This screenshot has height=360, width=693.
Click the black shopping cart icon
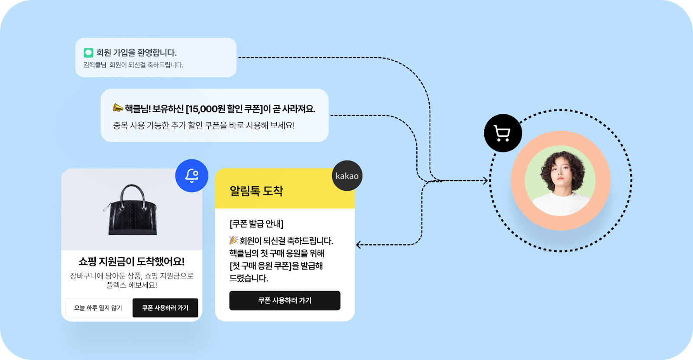point(502,133)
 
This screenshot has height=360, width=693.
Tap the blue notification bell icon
point(191,175)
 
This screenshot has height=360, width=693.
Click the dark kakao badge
point(347,176)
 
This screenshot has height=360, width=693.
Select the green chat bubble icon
point(88,53)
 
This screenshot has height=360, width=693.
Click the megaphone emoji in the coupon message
point(118,107)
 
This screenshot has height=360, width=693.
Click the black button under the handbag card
point(165,308)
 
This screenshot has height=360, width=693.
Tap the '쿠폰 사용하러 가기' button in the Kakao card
point(285,300)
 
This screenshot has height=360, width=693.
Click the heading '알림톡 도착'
point(256,191)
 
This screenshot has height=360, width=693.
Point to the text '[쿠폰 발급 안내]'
point(256,224)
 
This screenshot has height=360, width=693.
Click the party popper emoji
point(233,240)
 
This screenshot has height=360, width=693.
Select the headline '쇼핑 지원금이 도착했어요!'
point(132,261)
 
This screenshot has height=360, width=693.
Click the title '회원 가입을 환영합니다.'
point(136,52)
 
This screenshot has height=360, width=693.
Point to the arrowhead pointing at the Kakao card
point(358,245)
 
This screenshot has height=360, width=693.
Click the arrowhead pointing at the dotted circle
point(486,181)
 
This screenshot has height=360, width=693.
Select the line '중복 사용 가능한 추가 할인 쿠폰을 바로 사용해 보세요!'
point(204,126)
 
